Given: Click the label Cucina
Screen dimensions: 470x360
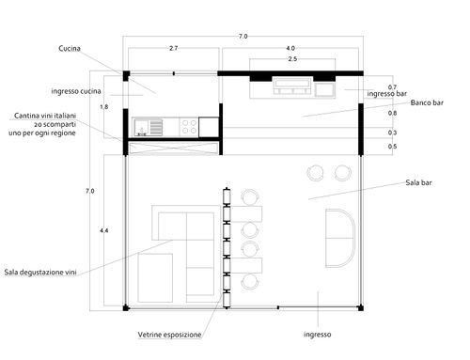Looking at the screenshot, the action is pos(70,48).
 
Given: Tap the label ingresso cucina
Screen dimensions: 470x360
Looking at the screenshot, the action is pos(76,91).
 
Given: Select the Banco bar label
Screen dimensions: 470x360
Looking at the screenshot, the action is pos(427,102).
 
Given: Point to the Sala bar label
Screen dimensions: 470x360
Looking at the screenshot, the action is pos(418,182).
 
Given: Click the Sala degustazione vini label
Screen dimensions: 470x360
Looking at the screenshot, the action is pos(40,272).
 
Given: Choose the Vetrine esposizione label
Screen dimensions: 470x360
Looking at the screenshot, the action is pos(169,335).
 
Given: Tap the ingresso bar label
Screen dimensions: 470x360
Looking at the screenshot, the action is pos(387,94).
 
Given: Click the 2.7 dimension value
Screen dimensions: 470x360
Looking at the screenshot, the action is pos(174,48).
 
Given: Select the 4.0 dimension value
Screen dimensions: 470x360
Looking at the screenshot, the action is pos(290,48).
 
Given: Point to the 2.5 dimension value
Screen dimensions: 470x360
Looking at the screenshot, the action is pos(292,59).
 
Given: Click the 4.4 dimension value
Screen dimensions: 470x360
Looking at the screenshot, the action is pos(104,230).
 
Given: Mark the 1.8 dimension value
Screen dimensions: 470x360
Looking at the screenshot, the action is pos(104,107).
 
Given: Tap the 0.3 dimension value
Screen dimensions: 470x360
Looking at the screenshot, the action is pos(392,133).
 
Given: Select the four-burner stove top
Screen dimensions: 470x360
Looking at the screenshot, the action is pos(189,127).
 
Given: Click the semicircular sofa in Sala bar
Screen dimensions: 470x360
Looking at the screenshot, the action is pos(340,238).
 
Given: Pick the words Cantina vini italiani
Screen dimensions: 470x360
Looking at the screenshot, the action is pos(45,116).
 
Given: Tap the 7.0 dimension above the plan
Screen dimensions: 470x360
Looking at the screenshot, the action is pos(243,37).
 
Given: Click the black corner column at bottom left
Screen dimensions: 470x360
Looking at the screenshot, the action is pos(126,308).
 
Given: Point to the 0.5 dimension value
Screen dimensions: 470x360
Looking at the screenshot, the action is pos(392,147).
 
